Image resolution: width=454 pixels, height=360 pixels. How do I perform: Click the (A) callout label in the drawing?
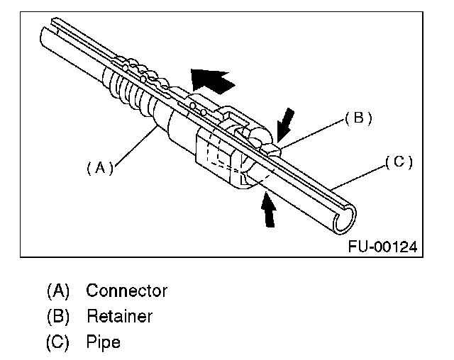[x=99, y=168]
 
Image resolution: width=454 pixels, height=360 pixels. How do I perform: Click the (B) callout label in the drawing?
[x=358, y=118]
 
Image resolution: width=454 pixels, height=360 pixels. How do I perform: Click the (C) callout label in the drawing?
[x=399, y=162]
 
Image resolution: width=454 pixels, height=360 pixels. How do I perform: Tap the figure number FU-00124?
[x=382, y=247]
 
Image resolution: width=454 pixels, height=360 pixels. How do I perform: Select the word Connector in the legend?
[x=127, y=291]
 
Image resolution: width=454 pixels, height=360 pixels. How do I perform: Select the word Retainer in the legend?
[x=119, y=316]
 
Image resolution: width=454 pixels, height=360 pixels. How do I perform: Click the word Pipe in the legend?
[x=104, y=342]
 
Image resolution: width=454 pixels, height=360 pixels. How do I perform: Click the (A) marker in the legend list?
[x=59, y=291]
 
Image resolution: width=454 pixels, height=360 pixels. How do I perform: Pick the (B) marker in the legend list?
[x=59, y=316]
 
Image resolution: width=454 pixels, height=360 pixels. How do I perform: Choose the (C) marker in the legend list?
[x=59, y=342]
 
